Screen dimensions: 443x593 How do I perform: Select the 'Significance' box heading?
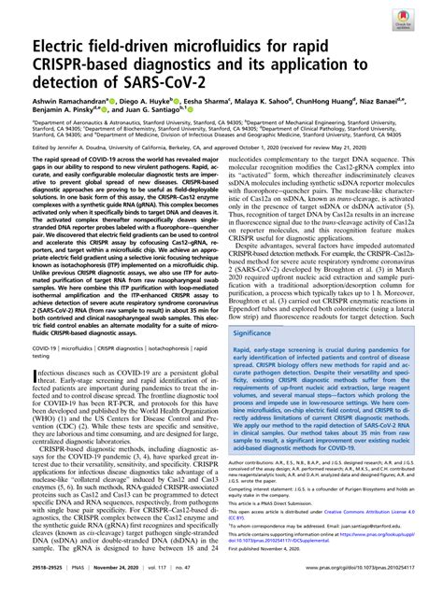(261, 332)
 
